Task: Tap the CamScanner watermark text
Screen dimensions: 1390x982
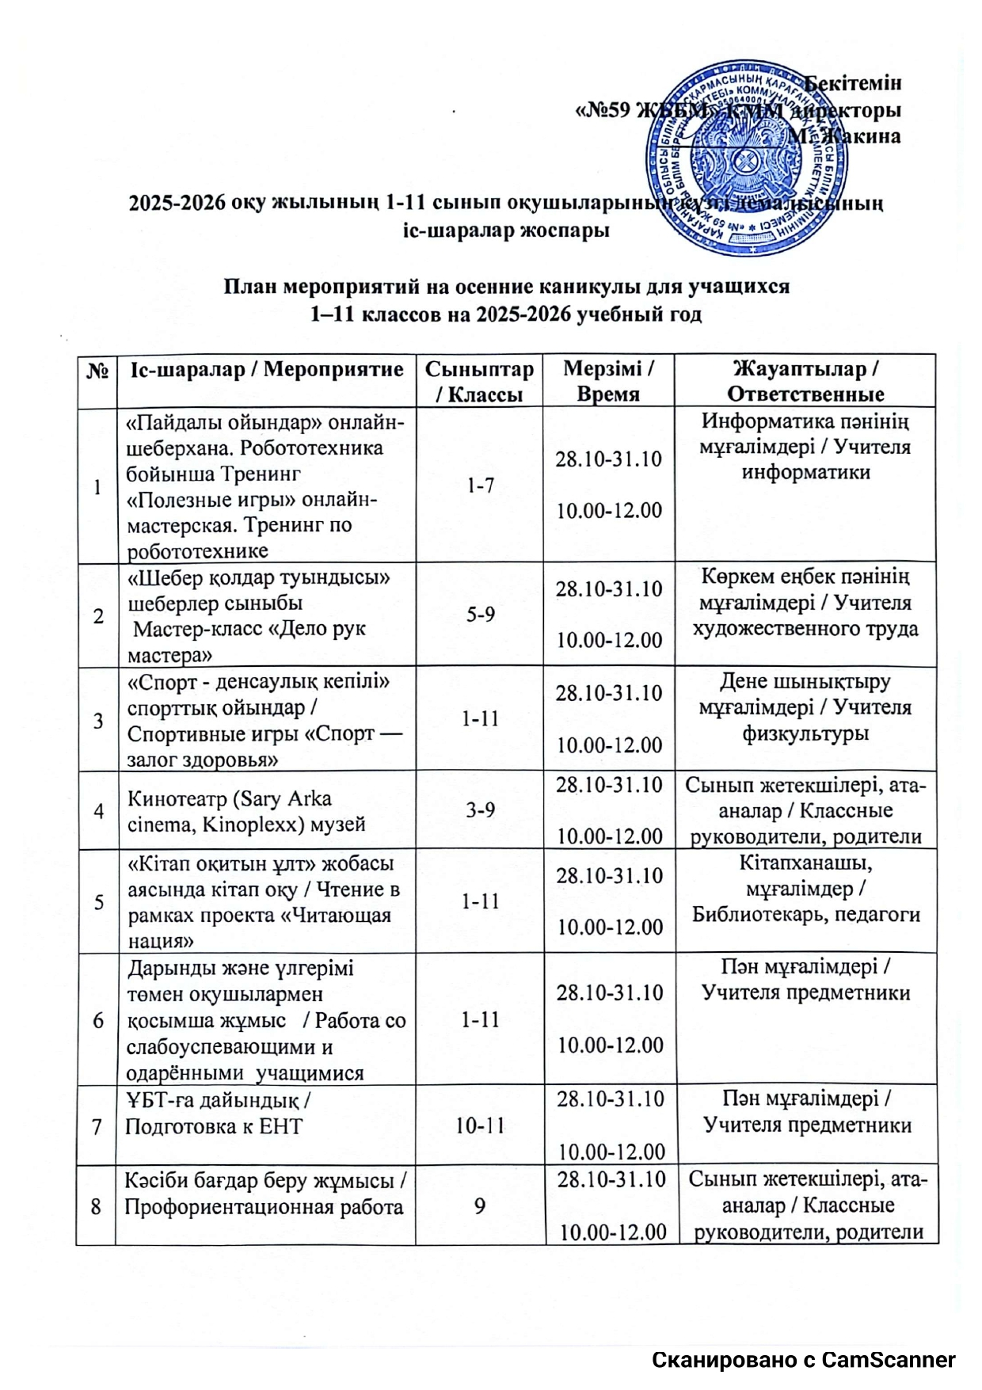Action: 804,1360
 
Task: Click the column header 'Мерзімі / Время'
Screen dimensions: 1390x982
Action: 608,381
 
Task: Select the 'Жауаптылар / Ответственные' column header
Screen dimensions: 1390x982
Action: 805,381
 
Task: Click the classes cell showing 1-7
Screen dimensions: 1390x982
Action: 480,486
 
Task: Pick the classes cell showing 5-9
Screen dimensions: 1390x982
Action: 480,615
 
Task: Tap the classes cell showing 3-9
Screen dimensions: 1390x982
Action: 480,810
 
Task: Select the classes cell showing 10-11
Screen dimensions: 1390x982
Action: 480,1125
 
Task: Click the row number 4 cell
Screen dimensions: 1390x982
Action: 98,811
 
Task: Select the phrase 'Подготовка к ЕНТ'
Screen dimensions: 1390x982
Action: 214,1126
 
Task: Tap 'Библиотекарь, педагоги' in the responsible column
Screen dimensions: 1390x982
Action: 806,915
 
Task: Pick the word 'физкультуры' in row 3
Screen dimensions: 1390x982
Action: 805,733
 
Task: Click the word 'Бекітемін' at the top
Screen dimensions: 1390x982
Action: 854,82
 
